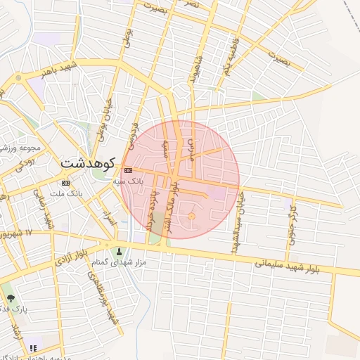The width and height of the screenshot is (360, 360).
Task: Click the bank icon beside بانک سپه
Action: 128,170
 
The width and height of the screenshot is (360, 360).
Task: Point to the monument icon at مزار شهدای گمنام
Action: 119,252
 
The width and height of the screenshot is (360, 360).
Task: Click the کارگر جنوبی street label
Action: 291,226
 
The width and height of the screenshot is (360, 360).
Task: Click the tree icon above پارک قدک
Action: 10,297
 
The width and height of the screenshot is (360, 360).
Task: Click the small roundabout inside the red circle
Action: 191,217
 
